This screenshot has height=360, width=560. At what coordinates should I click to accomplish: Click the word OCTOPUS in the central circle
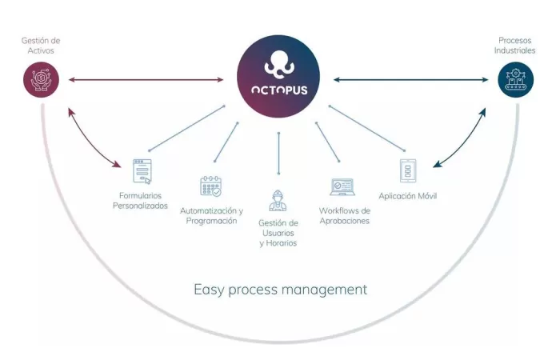point(278,90)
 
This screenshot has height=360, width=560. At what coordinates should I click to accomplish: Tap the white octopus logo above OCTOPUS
point(278,63)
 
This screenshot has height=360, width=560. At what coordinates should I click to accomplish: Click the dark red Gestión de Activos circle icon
point(41,80)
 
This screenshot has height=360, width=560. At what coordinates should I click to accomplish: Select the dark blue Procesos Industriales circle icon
point(515,80)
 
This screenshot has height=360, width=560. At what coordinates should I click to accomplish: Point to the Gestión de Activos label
point(41,46)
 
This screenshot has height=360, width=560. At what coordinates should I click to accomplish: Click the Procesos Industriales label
point(514,45)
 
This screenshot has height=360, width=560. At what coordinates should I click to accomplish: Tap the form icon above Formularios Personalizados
point(142,171)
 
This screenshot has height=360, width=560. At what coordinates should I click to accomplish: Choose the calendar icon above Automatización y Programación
point(211,186)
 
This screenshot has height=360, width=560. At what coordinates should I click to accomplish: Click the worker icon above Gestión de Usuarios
point(278,200)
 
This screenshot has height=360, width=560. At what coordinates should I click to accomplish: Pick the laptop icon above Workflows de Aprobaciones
point(342,187)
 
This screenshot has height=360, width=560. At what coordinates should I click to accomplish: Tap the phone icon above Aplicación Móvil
point(407,171)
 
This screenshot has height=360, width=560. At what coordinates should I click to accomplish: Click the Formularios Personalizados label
point(141,200)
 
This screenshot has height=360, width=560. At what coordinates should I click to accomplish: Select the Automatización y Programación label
point(211,215)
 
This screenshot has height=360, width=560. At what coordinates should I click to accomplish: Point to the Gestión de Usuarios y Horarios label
point(278,233)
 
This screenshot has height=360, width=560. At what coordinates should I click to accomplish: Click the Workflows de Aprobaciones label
point(344,215)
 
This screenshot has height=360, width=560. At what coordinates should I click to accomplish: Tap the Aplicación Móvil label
point(408,196)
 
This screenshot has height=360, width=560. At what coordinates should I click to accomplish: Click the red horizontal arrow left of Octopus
point(146,79)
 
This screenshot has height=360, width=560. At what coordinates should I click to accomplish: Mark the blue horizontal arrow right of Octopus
point(410,79)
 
